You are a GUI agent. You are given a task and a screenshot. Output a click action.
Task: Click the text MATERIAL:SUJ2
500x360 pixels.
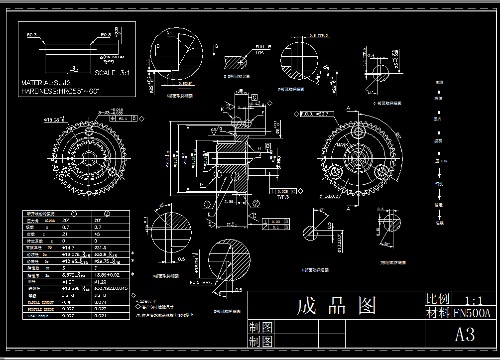click(46, 83)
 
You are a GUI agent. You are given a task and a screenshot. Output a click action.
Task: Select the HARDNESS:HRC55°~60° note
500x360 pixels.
click(60, 91)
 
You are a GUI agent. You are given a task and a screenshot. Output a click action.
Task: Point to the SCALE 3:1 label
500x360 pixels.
click(112, 73)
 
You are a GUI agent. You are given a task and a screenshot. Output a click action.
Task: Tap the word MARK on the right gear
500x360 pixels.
click(342, 144)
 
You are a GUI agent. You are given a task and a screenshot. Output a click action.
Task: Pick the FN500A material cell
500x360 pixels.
click(472, 313)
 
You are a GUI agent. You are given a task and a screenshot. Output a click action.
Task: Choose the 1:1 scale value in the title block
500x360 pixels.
click(473, 300)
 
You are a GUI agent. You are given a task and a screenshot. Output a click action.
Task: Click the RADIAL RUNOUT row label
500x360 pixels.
click(40, 302)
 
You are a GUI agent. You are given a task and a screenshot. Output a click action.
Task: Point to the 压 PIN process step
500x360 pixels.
click(439, 161)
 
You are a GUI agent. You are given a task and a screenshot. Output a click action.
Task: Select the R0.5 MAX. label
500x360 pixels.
click(200, 283)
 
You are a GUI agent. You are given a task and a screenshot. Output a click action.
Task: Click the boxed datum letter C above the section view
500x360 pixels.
click(254, 97)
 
